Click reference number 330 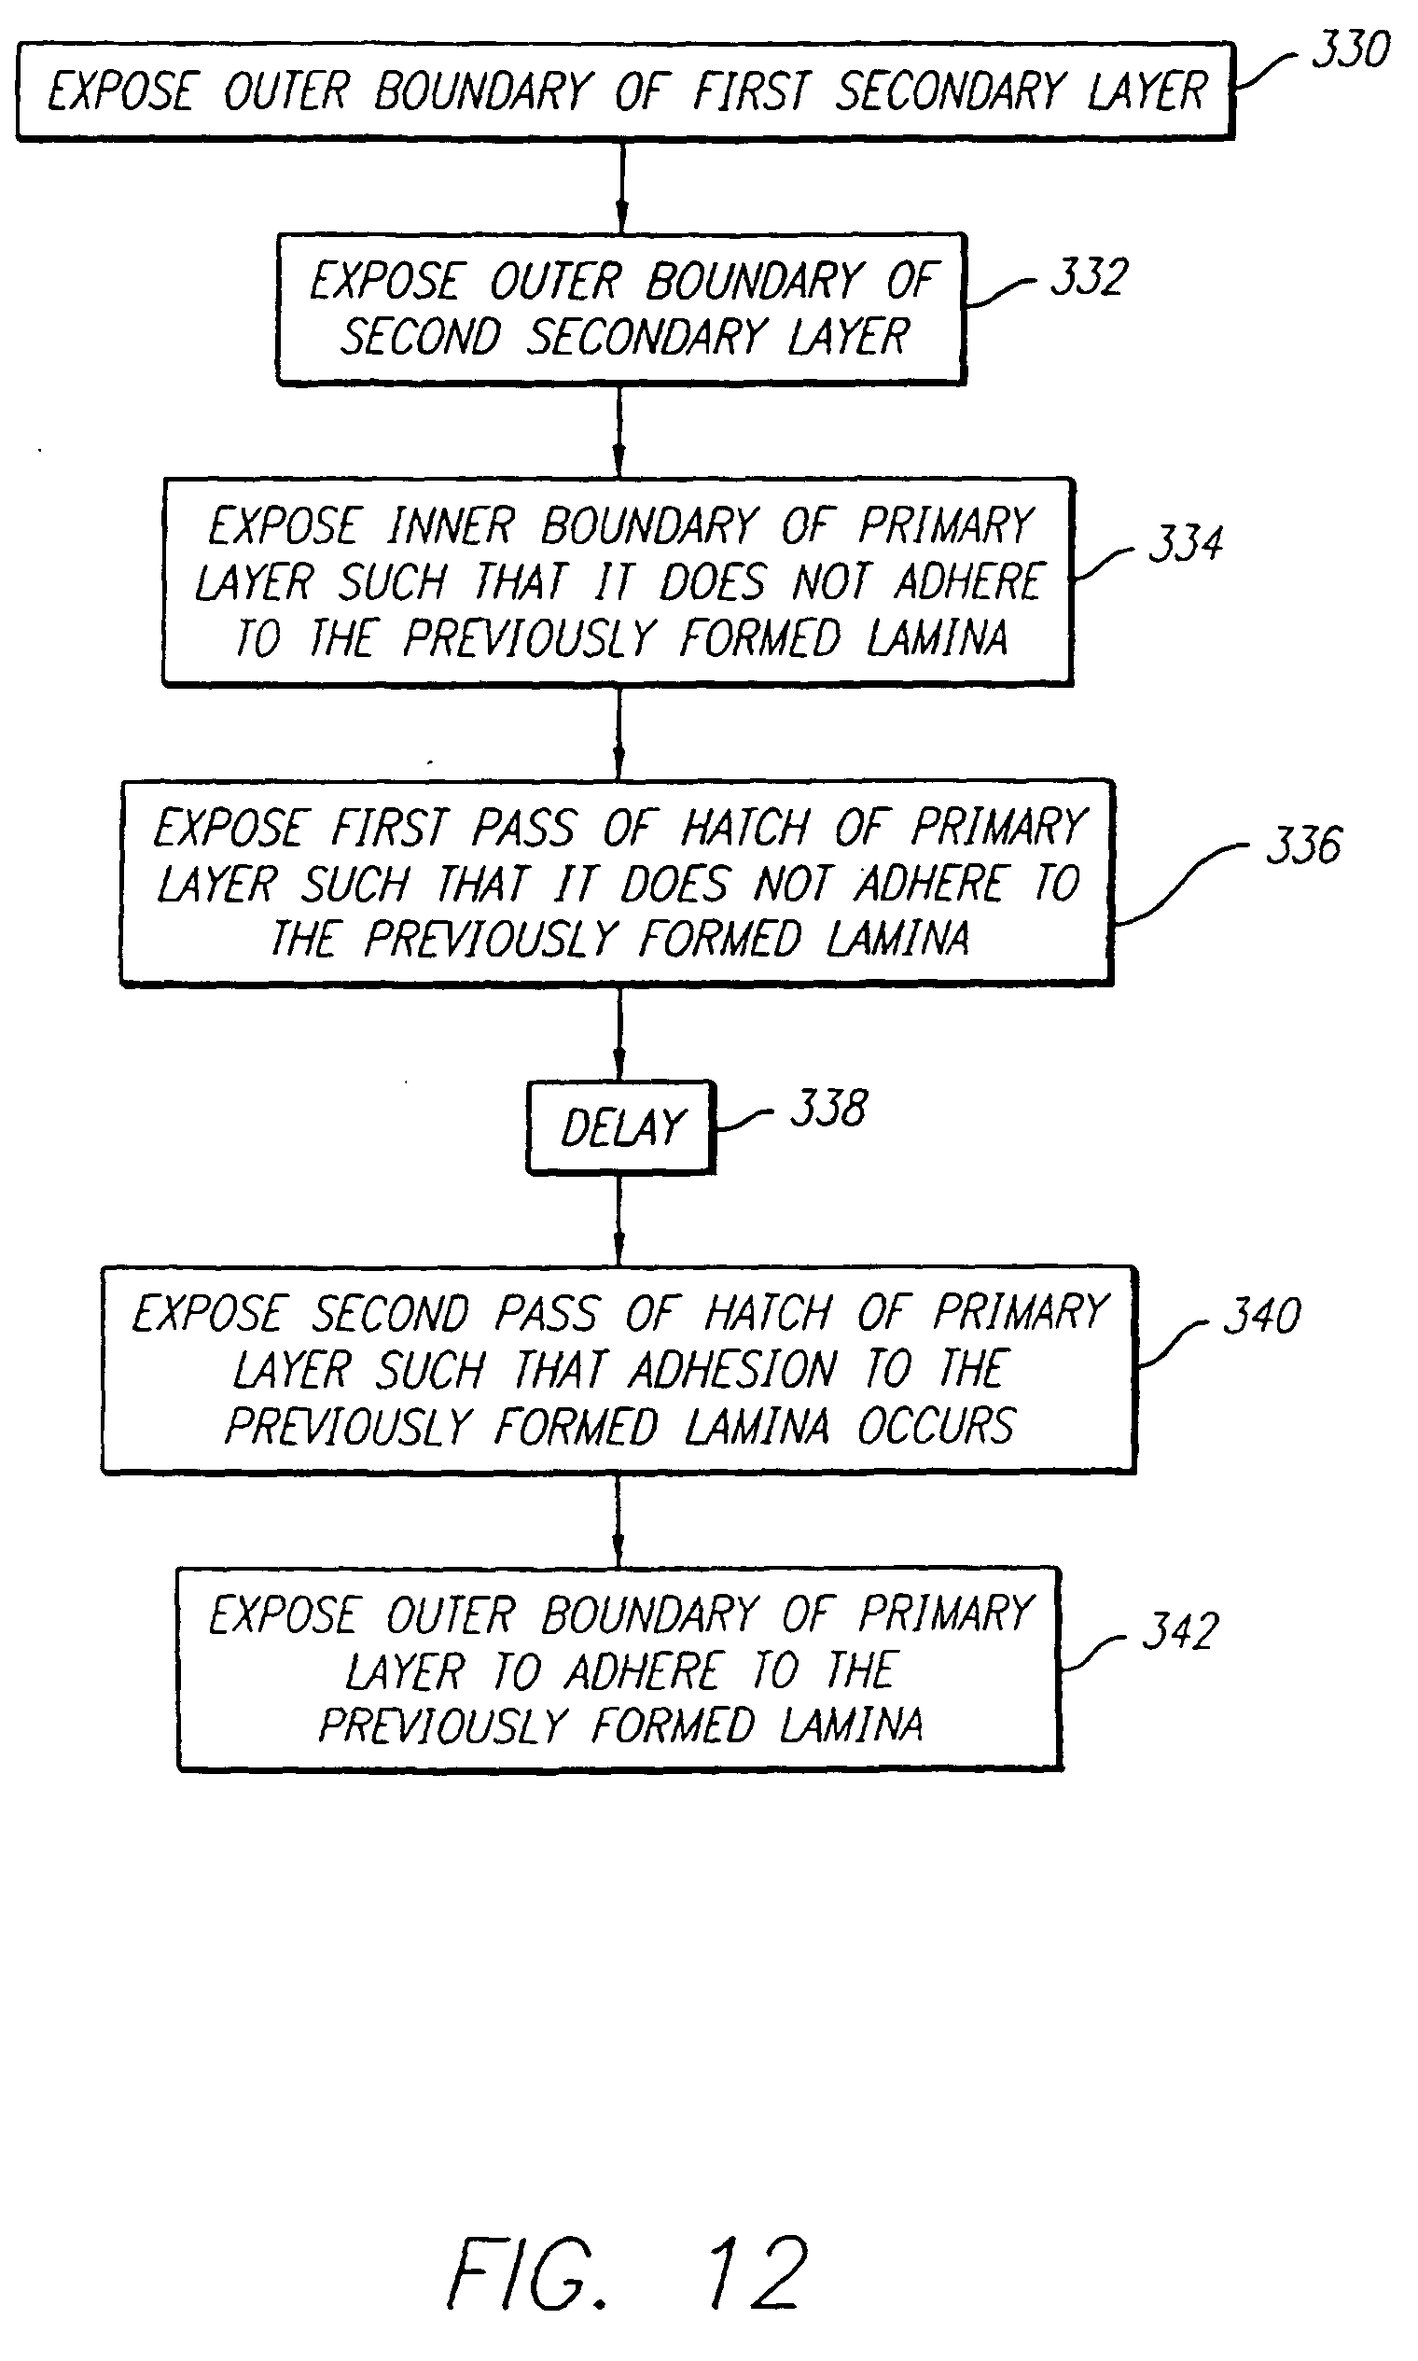point(1350,49)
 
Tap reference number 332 point(1090,277)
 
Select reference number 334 point(1185,543)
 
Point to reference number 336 point(1303,845)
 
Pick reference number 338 point(828,1109)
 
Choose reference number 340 point(1261,1315)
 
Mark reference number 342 point(1180,1630)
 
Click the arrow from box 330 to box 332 point(621,188)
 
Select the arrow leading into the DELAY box point(619,1033)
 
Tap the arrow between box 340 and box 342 point(619,1520)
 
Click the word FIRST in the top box point(751,91)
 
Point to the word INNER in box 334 point(450,525)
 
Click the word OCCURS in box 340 point(936,1426)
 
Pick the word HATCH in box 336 point(744,828)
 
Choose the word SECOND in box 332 point(422,338)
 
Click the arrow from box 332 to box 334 point(619,431)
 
